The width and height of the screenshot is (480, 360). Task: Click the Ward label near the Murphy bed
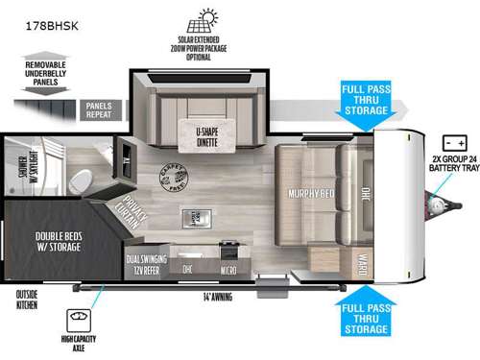[x=365, y=266]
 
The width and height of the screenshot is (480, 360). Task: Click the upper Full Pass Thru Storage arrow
[x=365, y=102]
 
